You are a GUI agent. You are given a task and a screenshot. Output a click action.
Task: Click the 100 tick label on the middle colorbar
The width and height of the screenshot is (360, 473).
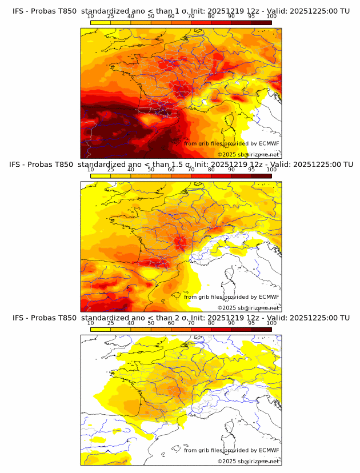(271, 170)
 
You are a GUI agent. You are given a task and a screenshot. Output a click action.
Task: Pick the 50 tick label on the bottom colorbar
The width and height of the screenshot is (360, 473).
(151, 323)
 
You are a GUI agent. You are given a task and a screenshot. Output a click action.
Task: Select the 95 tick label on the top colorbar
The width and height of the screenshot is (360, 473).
(251, 17)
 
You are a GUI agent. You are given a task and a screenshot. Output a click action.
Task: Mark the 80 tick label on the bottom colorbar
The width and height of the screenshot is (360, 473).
(211, 323)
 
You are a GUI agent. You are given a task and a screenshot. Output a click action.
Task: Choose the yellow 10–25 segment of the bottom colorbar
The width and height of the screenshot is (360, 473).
(101, 329)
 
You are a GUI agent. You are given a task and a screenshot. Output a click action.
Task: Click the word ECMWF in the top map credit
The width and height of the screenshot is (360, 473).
(269, 143)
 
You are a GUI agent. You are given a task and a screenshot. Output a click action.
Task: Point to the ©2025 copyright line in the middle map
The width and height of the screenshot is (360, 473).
(248, 308)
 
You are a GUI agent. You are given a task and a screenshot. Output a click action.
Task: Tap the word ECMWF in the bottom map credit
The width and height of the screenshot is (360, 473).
(269, 450)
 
